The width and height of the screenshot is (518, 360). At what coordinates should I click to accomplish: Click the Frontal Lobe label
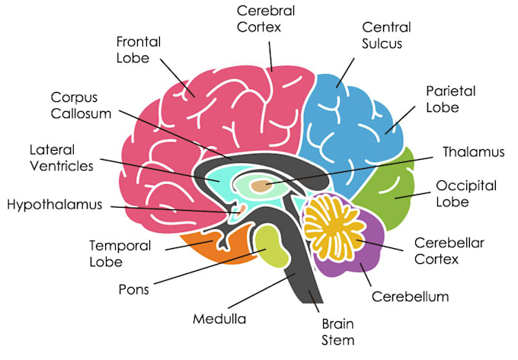(x=139, y=49)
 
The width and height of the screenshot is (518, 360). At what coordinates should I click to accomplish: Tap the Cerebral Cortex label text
(x=266, y=19)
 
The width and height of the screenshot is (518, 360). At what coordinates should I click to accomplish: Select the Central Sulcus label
(x=386, y=35)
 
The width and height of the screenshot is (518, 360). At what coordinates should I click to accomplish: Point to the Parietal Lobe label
(x=451, y=99)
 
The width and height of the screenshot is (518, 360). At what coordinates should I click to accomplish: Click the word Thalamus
(x=474, y=151)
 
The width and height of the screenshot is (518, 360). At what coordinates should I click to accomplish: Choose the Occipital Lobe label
(x=466, y=193)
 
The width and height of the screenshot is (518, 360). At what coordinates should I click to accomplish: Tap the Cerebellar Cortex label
(x=449, y=250)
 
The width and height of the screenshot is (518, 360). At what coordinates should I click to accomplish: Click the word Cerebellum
(x=411, y=296)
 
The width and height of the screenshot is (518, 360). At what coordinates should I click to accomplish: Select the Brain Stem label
(x=337, y=332)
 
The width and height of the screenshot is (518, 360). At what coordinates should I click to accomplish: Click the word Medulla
(x=219, y=319)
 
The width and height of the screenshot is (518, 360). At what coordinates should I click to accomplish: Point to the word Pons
(x=134, y=289)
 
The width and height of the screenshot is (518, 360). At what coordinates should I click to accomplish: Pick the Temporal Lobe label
(x=120, y=253)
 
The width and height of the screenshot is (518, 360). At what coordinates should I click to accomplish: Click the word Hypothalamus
(x=55, y=205)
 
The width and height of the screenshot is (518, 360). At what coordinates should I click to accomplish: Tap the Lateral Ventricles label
(x=62, y=158)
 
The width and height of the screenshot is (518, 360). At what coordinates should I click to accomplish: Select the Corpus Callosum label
(x=81, y=105)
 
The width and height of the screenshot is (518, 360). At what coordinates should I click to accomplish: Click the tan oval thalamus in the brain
(x=261, y=186)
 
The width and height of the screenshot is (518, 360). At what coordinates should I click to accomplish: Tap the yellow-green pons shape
(x=272, y=246)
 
